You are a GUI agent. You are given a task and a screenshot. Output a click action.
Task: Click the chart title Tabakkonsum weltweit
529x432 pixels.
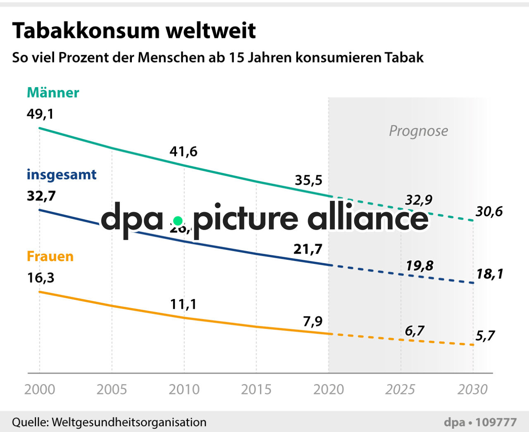coord(134,31)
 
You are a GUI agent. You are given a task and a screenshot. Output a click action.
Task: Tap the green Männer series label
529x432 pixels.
coord(53,93)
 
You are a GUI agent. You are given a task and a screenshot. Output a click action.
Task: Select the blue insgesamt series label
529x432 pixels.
coord(62,175)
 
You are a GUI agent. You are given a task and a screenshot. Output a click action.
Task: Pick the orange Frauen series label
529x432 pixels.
coord(50,256)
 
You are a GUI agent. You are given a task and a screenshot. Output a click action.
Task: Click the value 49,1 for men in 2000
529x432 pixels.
coord(40,114)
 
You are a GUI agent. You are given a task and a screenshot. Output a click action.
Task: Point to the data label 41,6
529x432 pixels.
coord(183,152)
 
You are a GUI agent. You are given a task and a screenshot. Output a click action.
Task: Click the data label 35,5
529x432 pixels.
coord(308,180)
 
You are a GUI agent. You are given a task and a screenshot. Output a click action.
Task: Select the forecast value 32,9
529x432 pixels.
coord(418,200)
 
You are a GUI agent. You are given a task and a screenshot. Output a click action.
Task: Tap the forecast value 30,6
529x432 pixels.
coord(489,211)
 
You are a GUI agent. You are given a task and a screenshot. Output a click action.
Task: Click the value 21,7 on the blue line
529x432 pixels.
coord(308,249)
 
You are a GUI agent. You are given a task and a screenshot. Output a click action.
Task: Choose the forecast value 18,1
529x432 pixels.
coord(489,274)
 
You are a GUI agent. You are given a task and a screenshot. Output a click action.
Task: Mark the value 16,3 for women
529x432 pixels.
coord(41,278)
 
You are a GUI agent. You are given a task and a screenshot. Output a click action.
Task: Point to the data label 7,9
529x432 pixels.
coord(313,321)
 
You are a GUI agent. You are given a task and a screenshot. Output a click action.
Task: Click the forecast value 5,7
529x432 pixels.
coord(485,336)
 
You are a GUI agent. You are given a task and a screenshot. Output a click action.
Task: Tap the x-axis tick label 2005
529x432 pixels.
coord(112,389)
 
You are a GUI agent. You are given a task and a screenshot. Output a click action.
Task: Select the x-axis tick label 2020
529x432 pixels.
coord(329,389)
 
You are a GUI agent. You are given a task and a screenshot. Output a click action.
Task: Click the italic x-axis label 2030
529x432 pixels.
coord(472,389)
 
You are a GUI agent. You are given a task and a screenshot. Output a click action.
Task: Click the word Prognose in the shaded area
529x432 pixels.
coord(418,131)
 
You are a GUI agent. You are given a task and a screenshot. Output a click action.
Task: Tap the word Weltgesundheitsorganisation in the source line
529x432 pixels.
coord(129,422)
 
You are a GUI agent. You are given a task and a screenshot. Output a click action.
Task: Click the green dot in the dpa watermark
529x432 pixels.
coord(178,221)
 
